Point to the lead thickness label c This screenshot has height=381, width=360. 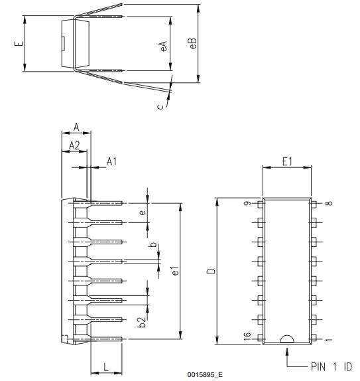pos(160,104)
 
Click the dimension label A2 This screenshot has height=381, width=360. pos(74,144)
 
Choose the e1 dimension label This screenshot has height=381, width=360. pos(174,271)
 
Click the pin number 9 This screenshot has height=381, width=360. pos(247,204)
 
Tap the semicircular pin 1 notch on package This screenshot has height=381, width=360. pos(286,339)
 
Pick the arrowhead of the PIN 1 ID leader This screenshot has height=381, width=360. pos(286,348)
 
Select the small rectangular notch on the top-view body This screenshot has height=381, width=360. pos(63,44)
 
